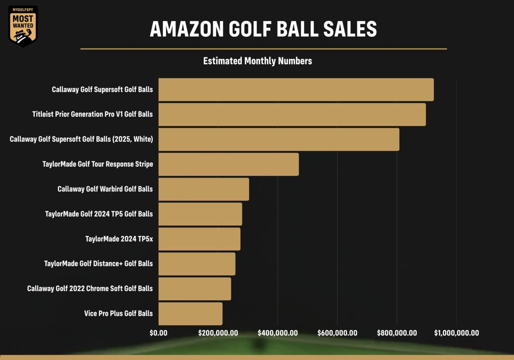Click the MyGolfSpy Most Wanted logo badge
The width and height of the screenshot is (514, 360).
point(23,26)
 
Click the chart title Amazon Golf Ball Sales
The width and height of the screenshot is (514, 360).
point(263,29)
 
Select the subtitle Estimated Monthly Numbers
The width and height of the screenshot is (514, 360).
point(257,61)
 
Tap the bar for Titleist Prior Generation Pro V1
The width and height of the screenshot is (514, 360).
point(292,115)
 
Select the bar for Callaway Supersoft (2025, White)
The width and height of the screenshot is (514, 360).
point(278,139)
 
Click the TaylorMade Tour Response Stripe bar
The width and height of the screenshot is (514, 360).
point(229,164)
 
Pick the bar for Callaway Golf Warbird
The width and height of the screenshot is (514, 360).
point(203,189)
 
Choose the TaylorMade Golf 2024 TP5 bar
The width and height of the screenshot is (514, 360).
point(200,214)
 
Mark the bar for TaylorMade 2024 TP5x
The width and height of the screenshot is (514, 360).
point(199,239)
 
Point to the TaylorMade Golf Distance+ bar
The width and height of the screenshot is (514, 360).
point(197,264)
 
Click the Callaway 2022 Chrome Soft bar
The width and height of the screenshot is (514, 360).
point(194,289)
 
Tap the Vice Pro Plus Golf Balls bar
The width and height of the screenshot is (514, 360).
point(190,313)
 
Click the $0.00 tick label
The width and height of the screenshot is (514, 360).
point(158,333)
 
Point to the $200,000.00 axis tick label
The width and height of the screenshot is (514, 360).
point(218,333)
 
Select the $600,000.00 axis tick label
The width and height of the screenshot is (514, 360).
point(337,333)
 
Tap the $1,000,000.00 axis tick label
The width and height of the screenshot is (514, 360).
point(456,333)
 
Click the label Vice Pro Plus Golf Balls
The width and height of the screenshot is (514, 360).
point(118,313)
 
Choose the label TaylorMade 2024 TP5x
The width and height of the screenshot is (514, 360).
point(119,239)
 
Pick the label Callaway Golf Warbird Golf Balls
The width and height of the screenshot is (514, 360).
point(105,189)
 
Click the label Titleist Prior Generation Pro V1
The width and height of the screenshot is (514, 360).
point(92,114)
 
